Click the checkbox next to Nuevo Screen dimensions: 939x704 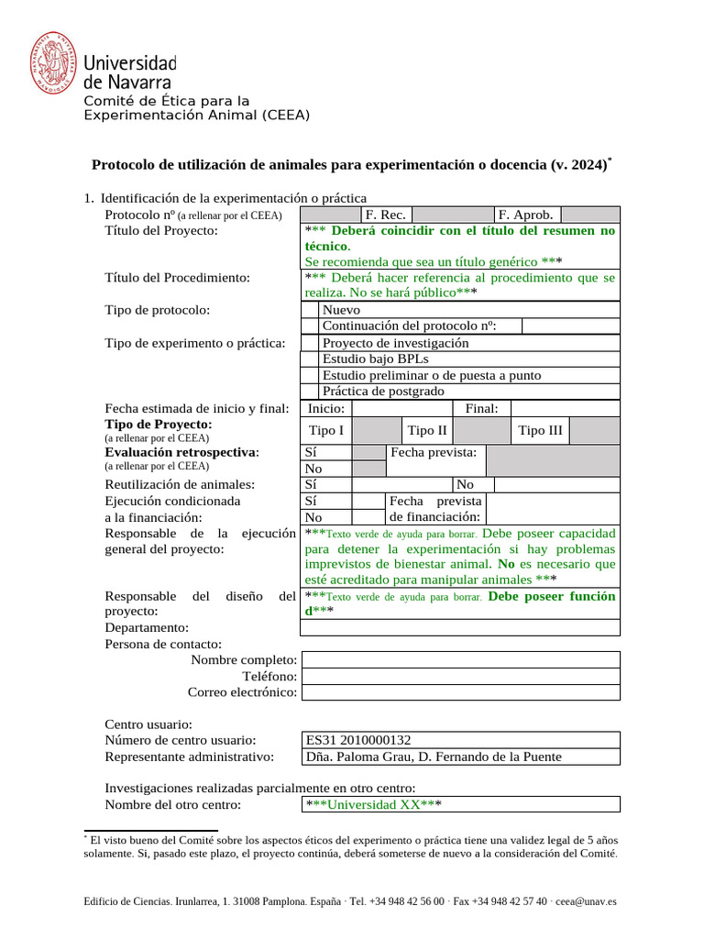310,310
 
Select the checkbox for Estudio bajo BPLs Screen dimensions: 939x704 310,359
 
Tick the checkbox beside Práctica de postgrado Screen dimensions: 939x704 310,392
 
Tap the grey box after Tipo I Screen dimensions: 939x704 377,431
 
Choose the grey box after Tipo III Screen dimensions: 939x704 595,431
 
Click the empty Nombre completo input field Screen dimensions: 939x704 460,660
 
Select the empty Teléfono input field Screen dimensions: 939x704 460,676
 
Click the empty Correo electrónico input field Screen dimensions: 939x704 460,692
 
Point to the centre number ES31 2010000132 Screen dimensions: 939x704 358,740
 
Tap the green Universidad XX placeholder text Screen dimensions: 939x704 373,804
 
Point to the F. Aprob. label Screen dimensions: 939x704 525,215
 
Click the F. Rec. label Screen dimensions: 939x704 385,215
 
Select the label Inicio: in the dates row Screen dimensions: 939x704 326,408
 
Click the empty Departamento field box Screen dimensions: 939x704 460,628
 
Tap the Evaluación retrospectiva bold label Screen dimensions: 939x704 181,452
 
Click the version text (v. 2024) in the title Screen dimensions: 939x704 578,165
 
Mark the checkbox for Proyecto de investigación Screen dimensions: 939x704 310,343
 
